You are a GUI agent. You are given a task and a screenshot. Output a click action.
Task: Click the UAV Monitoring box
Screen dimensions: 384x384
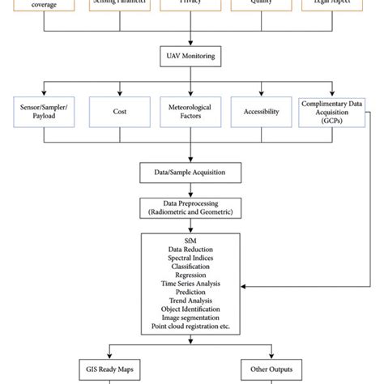[x=191, y=56]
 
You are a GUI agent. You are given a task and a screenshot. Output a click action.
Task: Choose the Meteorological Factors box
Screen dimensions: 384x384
[x=191, y=111]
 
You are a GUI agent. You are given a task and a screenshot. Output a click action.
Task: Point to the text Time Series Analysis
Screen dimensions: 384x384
[x=192, y=284]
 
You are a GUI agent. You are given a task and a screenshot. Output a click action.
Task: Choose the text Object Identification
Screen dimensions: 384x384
[x=192, y=309]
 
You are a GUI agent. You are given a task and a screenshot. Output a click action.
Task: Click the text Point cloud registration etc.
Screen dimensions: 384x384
[x=192, y=326]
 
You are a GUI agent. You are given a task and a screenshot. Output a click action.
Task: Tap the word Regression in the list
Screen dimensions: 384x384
[x=192, y=276]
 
